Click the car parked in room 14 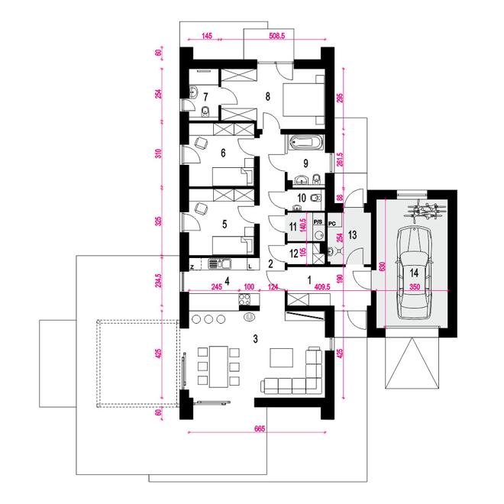tap(413, 273)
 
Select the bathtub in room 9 tap(305, 142)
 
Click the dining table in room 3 tap(218, 367)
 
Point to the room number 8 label tap(268, 96)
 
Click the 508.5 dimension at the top tap(276, 36)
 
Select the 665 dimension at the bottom tap(260, 429)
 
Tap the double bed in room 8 tap(303, 99)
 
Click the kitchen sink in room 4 tap(219, 264)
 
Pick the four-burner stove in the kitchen tap(245, 299)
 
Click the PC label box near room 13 tap(332, 224)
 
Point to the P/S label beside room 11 tap(318, 222)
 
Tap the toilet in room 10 tap(315, 198)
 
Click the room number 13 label tap(352, 235)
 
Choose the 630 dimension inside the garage tap(382, 267)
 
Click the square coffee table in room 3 tap(282, 357)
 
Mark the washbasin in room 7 tap(193, 92)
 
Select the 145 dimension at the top tap(207, 36)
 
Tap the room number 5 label tap(225, 224)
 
